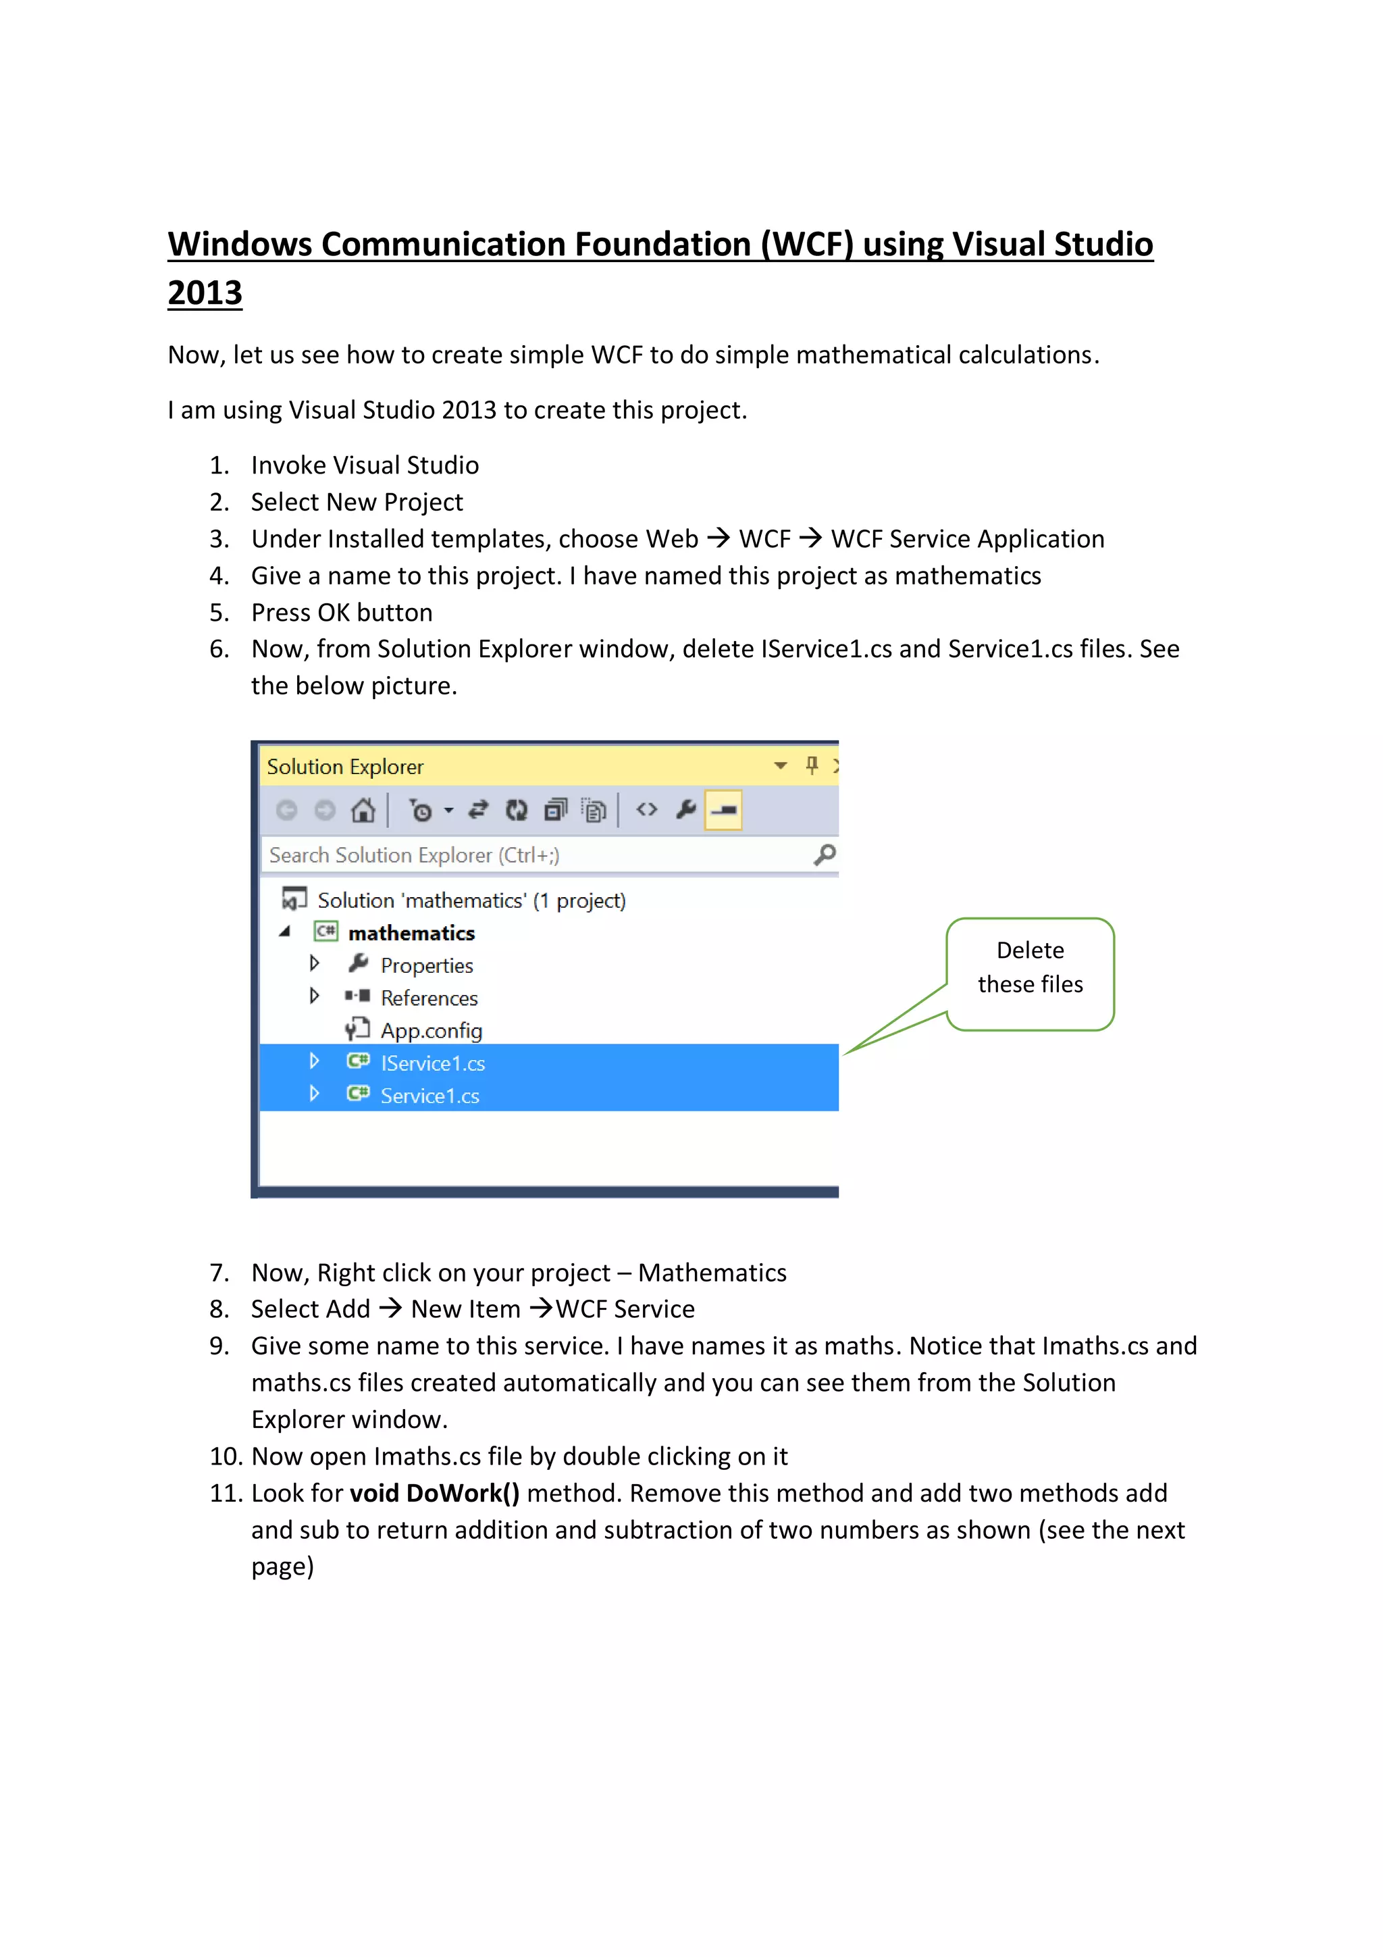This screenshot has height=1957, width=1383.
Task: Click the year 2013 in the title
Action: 205,293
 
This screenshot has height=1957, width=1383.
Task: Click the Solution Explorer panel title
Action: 345,766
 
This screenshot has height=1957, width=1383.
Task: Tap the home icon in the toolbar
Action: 363,810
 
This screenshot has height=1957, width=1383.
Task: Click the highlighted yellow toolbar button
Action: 723,810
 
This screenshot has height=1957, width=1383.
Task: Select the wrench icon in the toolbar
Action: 686,810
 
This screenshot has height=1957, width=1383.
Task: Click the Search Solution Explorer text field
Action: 511,855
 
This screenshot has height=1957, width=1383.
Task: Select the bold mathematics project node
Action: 411,934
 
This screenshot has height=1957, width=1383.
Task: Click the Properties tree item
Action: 426,966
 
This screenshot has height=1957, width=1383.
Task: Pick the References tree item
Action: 429,998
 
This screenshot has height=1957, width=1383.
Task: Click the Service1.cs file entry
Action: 429,1096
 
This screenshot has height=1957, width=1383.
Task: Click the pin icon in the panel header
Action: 811,765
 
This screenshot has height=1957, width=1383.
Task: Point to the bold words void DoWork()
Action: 435,1494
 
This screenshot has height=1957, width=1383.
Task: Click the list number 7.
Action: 219,1273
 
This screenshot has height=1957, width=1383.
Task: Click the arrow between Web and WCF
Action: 719,538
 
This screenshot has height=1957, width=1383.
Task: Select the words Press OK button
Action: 342,612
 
